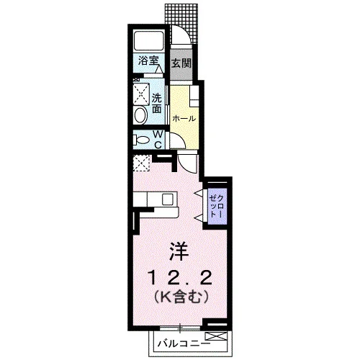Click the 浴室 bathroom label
[148, 60]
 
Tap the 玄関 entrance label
[181, 63]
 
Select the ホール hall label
[184, 118]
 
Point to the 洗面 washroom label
[157, 104]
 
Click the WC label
[158, 139]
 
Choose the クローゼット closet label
[217, 207]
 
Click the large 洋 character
[179, 251]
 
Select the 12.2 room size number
[180, 278]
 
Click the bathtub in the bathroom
[149, 40]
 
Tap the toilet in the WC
[142, 140]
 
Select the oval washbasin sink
[140, 115]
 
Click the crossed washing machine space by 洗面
[141, 94]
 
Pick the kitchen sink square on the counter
[168, 199]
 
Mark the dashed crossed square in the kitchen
[141, 163]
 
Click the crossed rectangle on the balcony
[216, 336]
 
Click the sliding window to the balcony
[180, 328]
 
